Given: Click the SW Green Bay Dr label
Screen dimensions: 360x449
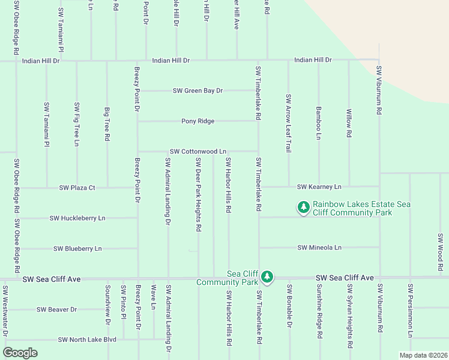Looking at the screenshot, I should (x=197, y=91).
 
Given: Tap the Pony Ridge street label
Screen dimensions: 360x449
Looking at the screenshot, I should (x=197, y=121).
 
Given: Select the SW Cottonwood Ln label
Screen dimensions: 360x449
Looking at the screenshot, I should (x=197, y=152).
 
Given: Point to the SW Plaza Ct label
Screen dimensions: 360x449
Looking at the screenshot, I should (x=77, y=188).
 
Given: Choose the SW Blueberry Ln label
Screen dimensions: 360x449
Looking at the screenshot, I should (x=77, y=248).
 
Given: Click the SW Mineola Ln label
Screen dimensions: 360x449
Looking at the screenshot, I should (x=319, y=247).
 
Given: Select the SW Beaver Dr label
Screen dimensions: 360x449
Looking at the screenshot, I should (x=56, y=310).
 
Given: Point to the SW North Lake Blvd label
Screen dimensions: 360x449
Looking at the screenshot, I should (x=86, y=340).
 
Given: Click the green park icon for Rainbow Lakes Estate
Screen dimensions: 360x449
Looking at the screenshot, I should (x=304, y=208).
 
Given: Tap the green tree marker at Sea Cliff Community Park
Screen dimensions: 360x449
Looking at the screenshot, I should (x=267, y=277).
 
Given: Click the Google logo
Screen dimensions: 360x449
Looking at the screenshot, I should (x=20, y=353).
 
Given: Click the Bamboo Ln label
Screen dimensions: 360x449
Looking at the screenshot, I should (x=319, y=123).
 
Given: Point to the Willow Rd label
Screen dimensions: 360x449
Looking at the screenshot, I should (x=349, y=123).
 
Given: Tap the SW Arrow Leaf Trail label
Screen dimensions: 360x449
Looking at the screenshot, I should (x=289, y=123).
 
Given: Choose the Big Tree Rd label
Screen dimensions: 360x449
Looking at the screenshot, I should (x=107, y=124).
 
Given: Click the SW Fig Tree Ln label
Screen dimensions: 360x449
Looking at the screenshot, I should (x=77, y=124).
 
